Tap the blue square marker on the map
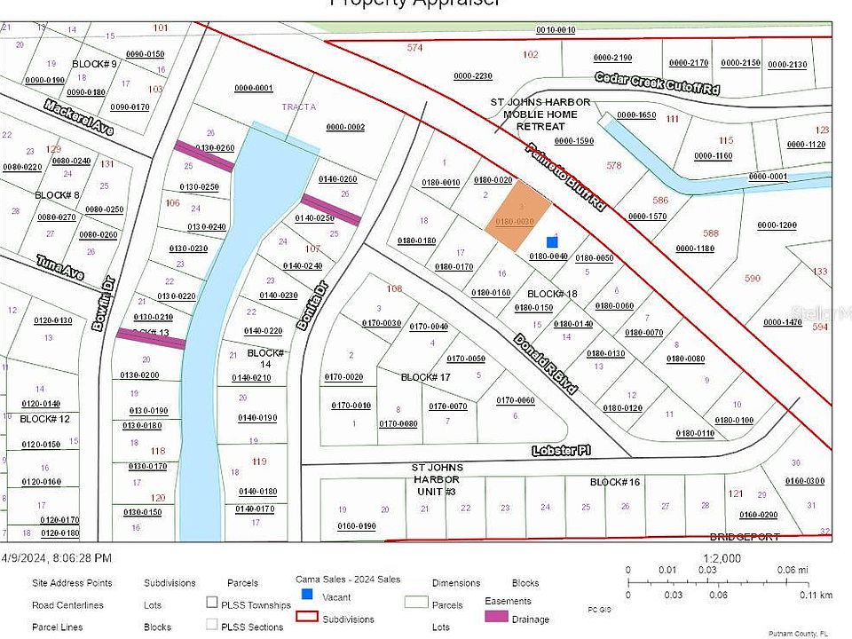coord(552,241)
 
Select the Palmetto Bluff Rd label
coord(565,177)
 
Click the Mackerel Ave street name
coord(79,117)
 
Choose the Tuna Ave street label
coord(60,268)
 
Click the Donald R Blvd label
coord(546,364)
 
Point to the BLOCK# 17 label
coord(426,377)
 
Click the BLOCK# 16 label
coord(615,482)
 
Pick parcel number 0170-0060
coord(515,400)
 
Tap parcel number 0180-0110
coord(694,433)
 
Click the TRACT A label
coord(299,106)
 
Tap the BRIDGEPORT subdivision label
coord(744,537)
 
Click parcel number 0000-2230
coord(472,75)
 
